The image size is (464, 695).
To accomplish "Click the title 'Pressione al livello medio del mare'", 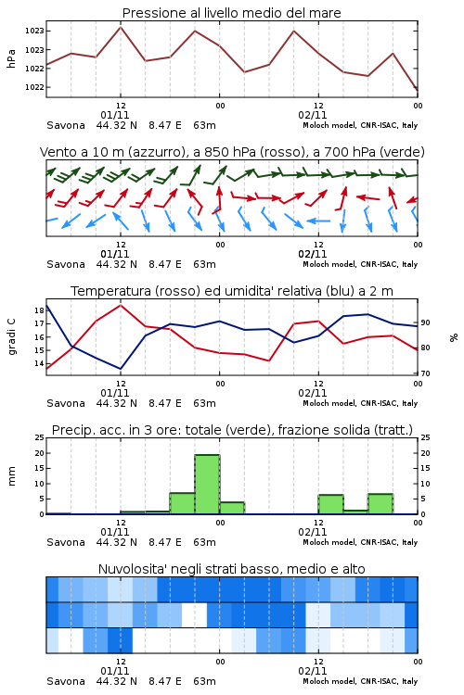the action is pyautogui.click(x=231, y=13).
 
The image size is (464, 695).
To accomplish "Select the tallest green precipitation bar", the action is pyautogui.click(x=207, y=485).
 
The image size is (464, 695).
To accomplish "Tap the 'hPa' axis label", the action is pyautogui.click(x=11, y=58).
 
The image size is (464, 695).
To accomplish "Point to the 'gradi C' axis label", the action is pyautogui.click(x=11, y=336).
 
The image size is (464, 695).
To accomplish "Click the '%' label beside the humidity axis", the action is pyautogui.click(x=454, y=337).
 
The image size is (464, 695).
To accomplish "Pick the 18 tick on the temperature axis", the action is pyautogui.click(x=40, y=310).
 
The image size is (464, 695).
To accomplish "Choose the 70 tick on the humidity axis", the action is pyautogui.click(x=425, y=373).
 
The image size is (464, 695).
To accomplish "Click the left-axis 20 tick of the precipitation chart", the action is pyautogui.click(x=40, y=453).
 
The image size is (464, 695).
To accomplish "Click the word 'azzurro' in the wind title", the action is pyautogui.click(x=156, y=153).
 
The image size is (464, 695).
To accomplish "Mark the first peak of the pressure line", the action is pyautogui.click(x=121, y=28).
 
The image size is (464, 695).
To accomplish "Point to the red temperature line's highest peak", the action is pyautogui.click(x=121, y=305).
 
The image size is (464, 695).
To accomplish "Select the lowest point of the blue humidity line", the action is pyautogui.click(x=121, y=369).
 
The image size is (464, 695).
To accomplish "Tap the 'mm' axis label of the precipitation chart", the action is pyautogui.click(x=11, y=476).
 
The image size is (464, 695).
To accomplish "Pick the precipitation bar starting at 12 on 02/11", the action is pyautogui.click(x=330, y=504).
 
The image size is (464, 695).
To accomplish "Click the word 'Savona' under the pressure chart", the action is pyautogui.click(x=66, y=125).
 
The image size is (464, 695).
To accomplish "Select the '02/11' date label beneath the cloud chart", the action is pyautogui.click(x=313, y=671).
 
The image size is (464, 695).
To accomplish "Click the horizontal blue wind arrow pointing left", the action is pyautogui.click(x=318, y=221).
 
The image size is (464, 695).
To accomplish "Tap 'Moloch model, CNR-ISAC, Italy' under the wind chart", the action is pyautogui.click(x=360, y=264).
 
